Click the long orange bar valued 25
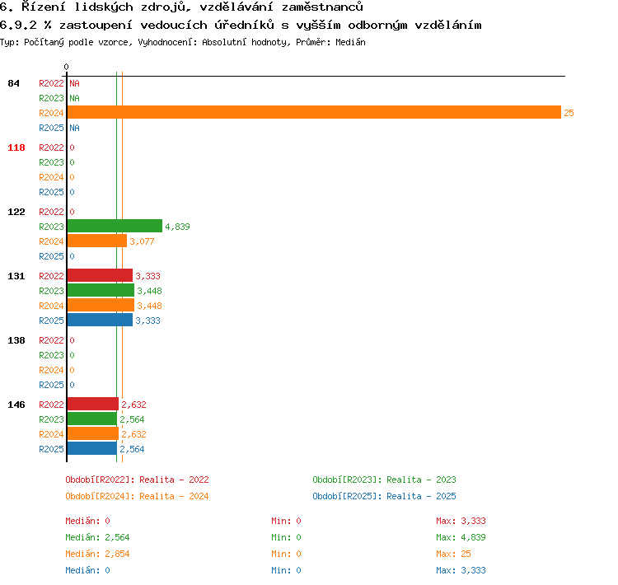pos(314,112)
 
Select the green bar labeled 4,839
pos(115,226)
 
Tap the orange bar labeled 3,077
pos(97,241)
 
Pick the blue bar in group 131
pos(100,320)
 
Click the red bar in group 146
pos(93,404)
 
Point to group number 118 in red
pos(16,147)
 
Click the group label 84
pos(13,83)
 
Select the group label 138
pos(16,340)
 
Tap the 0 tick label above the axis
pos(66,67)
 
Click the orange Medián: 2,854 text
pos(97,554)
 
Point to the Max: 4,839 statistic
pos(461,537)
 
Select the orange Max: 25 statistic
pos(453,554)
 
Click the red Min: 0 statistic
pos(286,521)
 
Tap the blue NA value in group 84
pos(74,128)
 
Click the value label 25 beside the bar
pos(569,113)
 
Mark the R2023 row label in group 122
pos(51,227)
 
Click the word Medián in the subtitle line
pos(350,42)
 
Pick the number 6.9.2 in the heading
pos(18,25)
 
